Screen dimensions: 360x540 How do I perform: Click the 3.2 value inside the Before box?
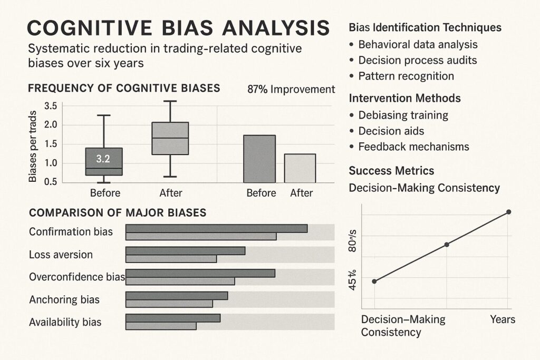(103, 158)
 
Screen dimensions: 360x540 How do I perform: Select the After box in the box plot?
(170, 138)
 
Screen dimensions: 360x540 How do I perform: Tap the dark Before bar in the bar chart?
(259, 159)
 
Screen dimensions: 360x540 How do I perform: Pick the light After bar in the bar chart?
(300, 168)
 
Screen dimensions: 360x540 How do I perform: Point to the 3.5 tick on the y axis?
(50, 106)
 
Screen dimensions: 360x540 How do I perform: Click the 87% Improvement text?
(291, 89)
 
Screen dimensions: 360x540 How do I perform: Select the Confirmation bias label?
(71, 231)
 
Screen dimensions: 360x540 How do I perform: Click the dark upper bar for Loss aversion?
(185, 251)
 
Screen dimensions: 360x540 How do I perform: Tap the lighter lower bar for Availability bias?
(161, 326)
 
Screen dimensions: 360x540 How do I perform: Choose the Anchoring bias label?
(64, 300)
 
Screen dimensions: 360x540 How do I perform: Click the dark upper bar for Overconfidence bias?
(200, 273)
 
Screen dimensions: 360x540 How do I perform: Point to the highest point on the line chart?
(508, 212)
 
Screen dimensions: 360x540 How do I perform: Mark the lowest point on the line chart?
(374, 281)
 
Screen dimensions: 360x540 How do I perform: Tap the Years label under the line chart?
(503, 319)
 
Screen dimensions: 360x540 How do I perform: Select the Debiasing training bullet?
(403, 115)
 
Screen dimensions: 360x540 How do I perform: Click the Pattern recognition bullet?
(406, 76)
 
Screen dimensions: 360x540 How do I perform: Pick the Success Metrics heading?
(391, 170)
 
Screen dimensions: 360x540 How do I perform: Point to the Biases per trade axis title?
(33, 147)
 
